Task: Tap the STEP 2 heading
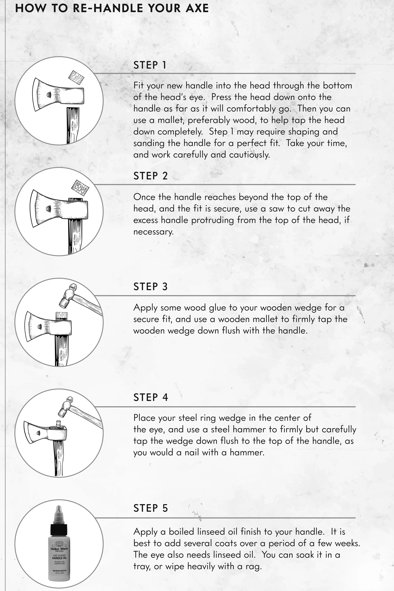(x=150, y=176)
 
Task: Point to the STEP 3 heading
(x=150, y=287)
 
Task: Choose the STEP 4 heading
(x=151, y=397)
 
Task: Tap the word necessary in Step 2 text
(x=154, y=232)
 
